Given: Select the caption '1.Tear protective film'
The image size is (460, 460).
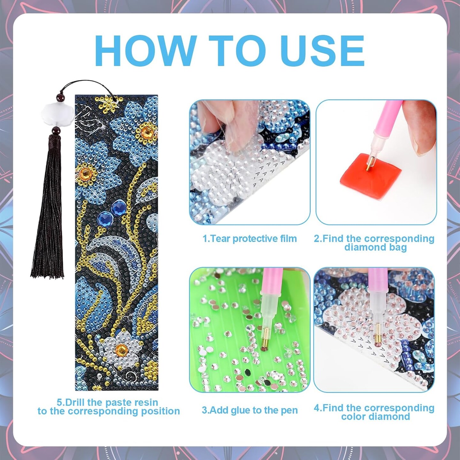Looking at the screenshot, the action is pos(249,239).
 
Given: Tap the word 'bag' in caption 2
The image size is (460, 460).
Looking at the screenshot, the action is pos(398,248).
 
